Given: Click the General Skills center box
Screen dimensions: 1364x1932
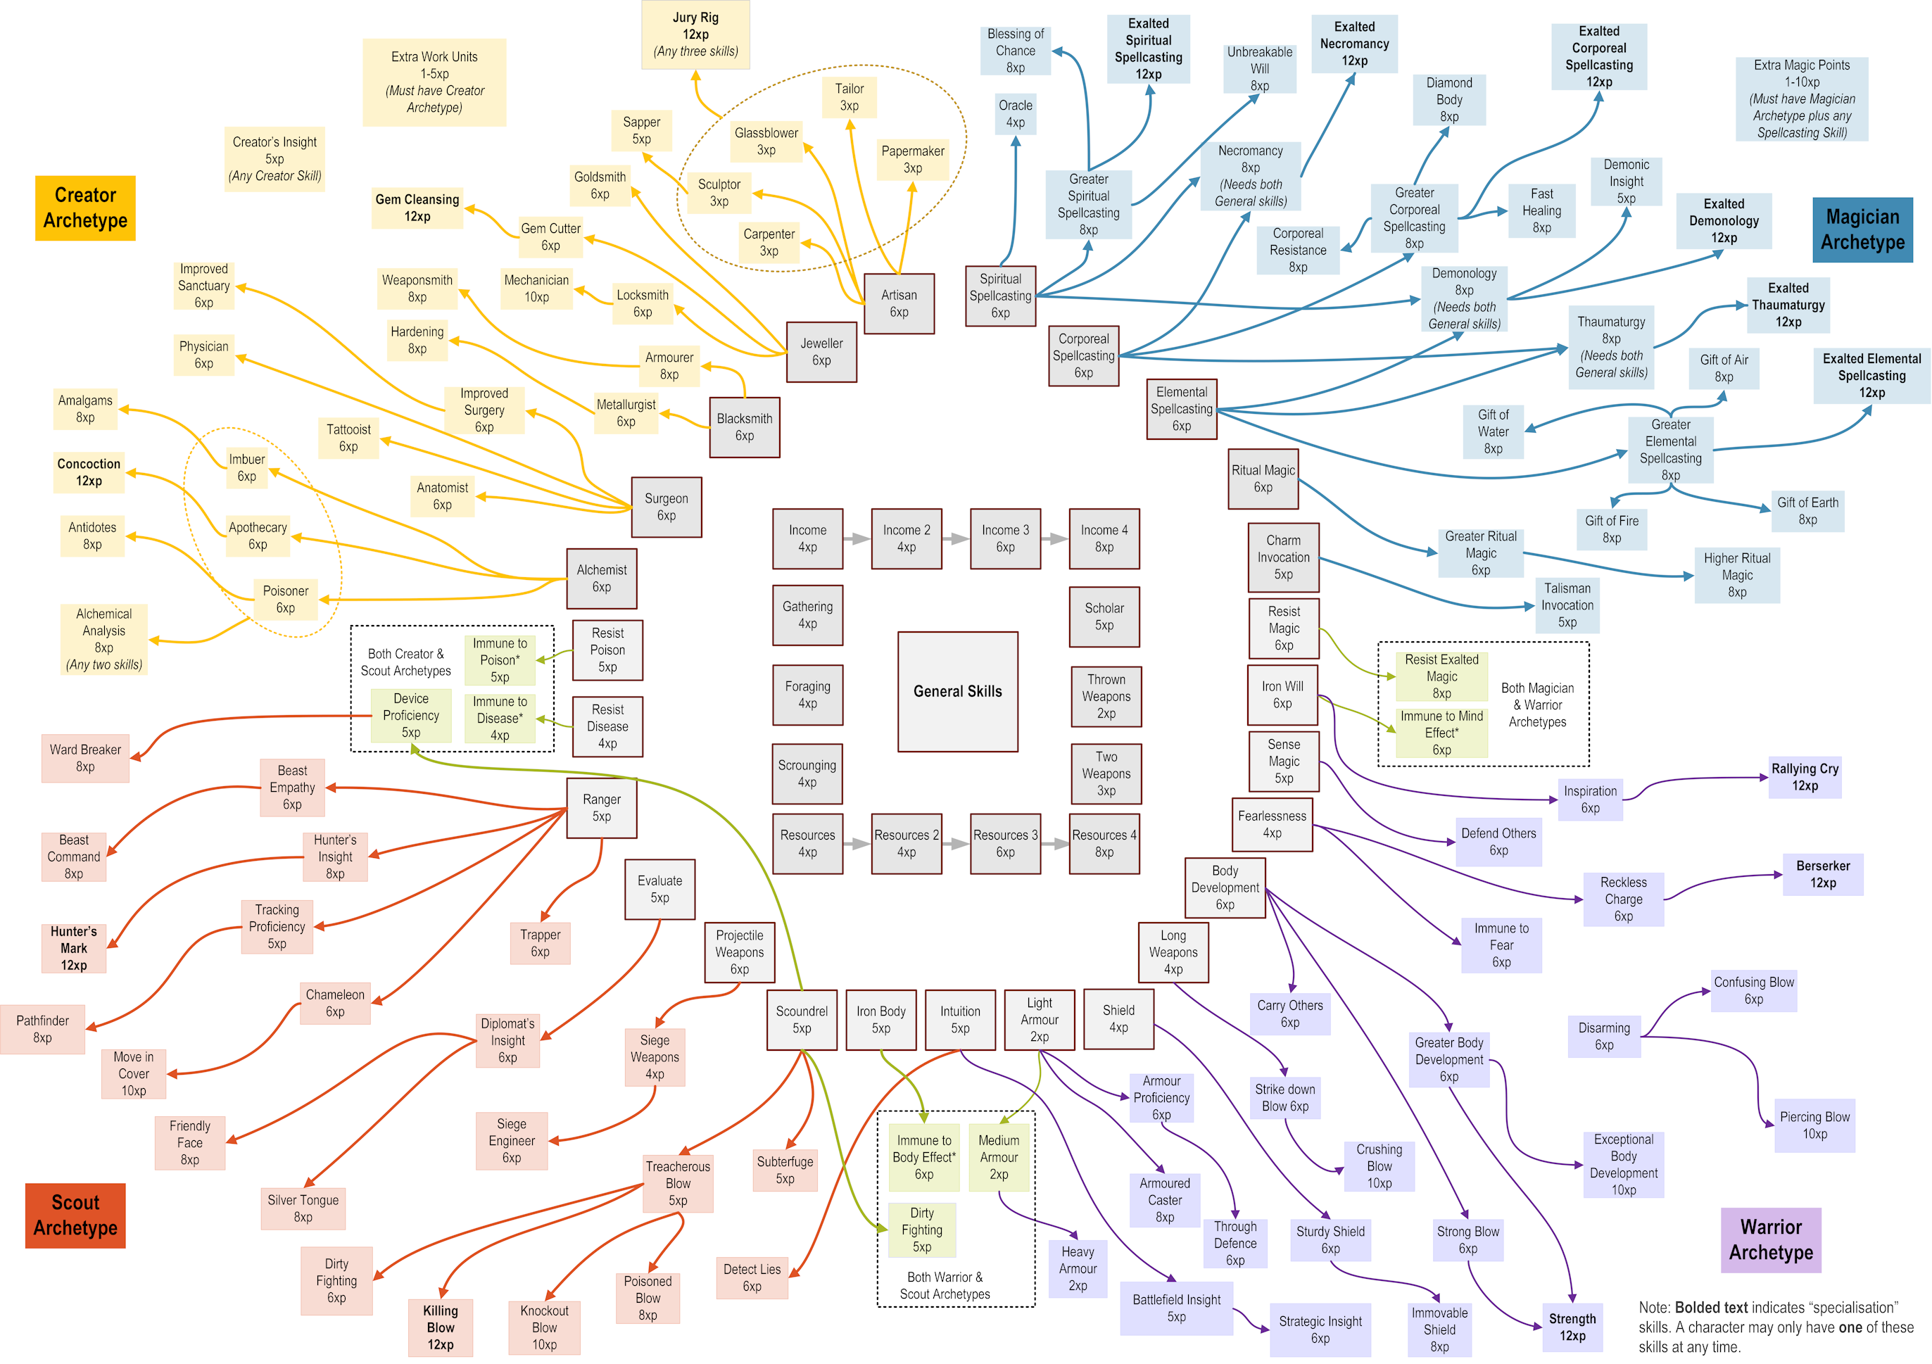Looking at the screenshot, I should coord(958,692).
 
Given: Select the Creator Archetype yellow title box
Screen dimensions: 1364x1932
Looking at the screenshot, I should coord(85,208).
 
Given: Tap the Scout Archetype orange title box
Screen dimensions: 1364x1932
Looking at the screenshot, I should coord(75,1215).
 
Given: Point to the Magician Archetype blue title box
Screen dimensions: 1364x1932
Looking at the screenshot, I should coord(1862,229).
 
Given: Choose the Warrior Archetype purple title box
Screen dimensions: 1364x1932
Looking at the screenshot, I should coord(1770,1239).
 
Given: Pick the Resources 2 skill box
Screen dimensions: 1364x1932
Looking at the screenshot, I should coord(907,843).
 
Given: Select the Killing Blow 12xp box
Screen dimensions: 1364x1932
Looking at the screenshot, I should coord(440,1327).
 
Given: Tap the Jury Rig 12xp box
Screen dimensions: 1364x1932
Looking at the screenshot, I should coord(695,34).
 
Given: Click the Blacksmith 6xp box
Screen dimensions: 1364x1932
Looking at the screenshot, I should coord(744,427).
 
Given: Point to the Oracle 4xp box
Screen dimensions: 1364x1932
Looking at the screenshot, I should coord(1015,113).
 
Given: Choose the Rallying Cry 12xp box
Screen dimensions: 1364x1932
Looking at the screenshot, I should coord(1804,777).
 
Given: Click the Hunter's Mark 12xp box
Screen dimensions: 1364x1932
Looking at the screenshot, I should coord(74,948).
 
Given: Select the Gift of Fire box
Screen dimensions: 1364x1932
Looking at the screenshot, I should coord(1611,529).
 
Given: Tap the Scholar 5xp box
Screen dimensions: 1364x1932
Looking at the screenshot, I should coord(1104,617).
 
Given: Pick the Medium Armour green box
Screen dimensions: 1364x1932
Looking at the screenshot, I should coord(998,1157).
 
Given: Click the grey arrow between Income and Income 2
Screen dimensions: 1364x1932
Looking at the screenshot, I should coord(857,538).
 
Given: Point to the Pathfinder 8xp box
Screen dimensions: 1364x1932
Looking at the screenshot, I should coord(42,1029).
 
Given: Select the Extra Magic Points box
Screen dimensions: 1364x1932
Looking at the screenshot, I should coord(1802,99).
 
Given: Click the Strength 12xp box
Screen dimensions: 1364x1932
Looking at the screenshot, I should coord(1572,1327).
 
